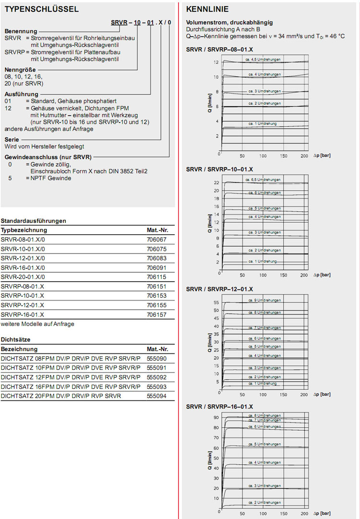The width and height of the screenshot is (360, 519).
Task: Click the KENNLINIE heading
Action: point(207,9)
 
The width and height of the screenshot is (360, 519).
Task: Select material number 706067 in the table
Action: point(156,239)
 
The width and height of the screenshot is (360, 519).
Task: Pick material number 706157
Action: point(156,314)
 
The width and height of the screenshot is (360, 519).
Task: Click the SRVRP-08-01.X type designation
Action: point(23,287)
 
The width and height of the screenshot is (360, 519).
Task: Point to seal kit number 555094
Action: point(156,396)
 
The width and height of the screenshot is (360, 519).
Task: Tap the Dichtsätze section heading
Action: point(16,339)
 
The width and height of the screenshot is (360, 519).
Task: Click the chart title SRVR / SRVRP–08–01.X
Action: point(219,49)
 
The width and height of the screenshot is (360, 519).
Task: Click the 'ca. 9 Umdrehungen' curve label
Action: point(264,300)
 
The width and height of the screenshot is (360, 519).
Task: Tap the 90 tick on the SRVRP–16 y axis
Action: point(216,417)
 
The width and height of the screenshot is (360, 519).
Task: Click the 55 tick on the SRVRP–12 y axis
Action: point(216,302)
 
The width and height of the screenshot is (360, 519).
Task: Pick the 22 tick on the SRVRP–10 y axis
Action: point(216,183)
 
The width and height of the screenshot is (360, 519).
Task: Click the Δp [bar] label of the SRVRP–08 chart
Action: point(322,156)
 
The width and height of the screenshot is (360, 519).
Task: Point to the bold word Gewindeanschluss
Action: point(27,157)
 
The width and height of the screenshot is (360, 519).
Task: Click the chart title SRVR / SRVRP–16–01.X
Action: point(219,407)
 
